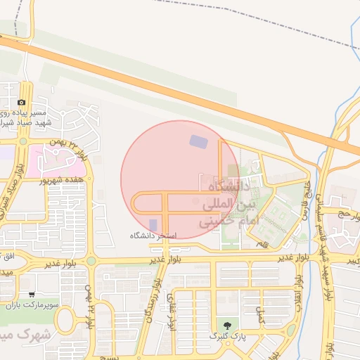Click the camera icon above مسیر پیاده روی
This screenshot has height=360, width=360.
coord(21,103)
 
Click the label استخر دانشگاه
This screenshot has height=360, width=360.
coord(153,235)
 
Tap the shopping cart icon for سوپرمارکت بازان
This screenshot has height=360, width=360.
coord(32,295)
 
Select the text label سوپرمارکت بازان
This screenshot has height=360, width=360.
coord(32,306)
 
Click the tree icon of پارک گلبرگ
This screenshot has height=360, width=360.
coord(226,326)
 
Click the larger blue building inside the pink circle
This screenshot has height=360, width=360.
coord(199,141)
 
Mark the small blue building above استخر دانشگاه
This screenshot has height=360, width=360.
coord(153,224)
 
